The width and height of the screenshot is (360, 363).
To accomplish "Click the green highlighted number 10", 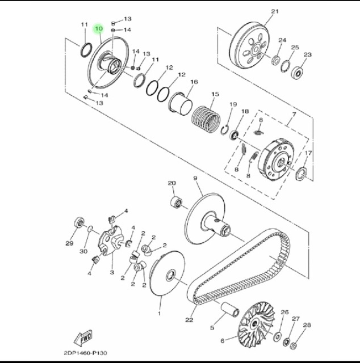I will click(x=99, y=28).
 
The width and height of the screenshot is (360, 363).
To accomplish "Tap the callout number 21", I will click(x=275, y=12).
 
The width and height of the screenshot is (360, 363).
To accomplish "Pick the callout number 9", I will click(x=195, y=179).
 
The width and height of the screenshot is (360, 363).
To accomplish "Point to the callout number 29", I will click(x=69, y=244).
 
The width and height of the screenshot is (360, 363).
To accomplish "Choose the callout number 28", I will click(x=307, y=325).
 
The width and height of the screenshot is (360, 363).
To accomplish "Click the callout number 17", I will click(x=308, y=154).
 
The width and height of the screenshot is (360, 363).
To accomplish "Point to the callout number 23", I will click(x=308, y=55).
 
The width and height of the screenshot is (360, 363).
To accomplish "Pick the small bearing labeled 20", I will click(x=176, y=201).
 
